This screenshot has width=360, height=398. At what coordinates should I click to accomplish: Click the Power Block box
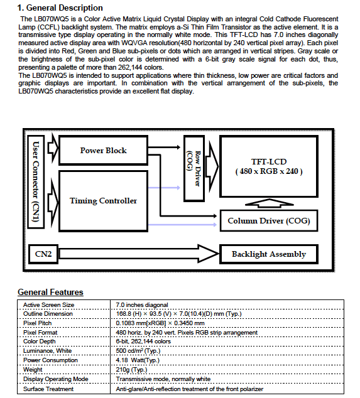[x=103, y=150]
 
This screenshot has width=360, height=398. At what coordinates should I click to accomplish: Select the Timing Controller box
[x=103, y=201]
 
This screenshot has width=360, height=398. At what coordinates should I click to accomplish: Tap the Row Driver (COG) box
[x=194, y=168]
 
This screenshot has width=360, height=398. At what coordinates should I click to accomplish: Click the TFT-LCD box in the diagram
[x=269, y=166]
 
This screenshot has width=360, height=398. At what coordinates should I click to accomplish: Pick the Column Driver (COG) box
[x=269, y=220]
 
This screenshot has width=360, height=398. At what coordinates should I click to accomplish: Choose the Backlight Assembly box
[x=269, y=254]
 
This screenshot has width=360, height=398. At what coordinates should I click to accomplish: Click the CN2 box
[x=43, y=254]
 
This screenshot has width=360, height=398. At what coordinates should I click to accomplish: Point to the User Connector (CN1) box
[x=36, y=182]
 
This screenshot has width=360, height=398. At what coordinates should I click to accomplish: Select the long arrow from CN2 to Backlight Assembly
[x=138, y=254]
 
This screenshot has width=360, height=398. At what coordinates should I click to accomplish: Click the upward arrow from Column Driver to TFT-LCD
[x=270, y=203]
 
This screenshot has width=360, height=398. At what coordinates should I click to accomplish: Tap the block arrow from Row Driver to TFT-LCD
[x=212, y=166]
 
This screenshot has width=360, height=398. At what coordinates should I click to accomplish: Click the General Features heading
[x=50, y=292]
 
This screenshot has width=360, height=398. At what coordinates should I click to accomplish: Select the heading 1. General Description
[x=60, y=8]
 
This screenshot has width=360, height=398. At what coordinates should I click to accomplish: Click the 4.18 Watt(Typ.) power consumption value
[x=138, y=360]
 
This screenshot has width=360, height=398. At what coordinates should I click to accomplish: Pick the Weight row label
[x=33, y=370]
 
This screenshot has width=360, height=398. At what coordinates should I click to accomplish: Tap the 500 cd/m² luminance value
[x=138, y=351]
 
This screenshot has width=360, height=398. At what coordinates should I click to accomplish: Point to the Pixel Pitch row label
[x=37, y=323]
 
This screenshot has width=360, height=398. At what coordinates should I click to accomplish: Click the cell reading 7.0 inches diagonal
[x=142, y=305]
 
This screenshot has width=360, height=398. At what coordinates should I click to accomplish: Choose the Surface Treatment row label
[x=48, y=389]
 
